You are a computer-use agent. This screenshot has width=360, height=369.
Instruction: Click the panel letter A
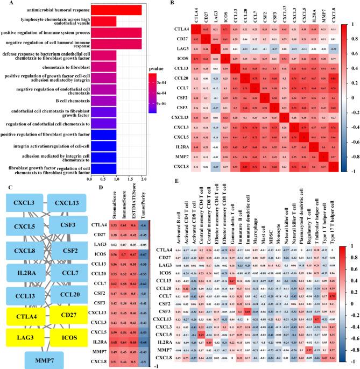4,4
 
